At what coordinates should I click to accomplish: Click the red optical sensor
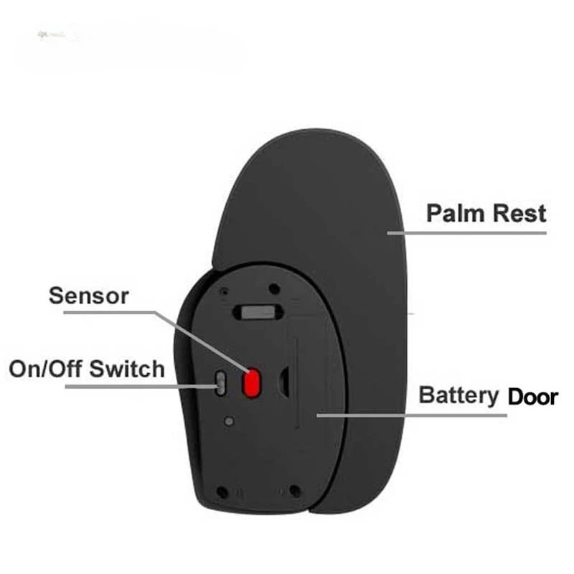[x=252, y=382]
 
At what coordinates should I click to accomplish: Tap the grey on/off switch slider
[x=222, y=382]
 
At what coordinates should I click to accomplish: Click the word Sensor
[x=89, y=295]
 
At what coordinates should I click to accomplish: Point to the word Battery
[x=459, y=395]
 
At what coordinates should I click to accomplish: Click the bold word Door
[x=532, y=396]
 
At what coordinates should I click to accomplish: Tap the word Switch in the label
[x=133, y=370]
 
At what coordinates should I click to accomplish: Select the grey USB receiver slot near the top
[x=257, y=312]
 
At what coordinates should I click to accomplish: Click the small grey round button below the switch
[x=228, y=422]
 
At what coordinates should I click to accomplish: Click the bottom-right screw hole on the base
[x=294, y=491]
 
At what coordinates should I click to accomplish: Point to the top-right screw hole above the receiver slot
[x=273, y=288]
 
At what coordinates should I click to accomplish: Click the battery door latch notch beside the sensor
[x=285, y=382]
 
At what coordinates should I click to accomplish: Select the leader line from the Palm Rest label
[x=466, y=232]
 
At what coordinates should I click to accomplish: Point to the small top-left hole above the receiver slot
[x=225, y=292]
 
